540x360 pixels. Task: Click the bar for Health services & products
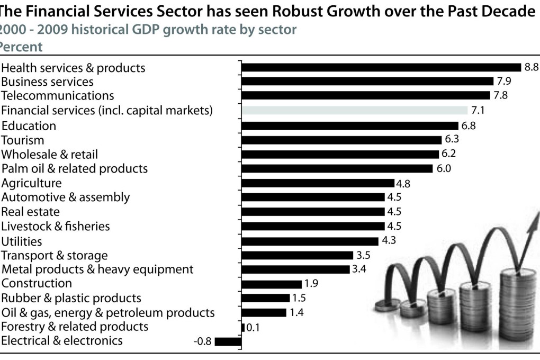[x=381, y=67]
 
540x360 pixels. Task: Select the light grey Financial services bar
[x=354, y=110]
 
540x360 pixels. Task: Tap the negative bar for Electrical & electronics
[x=228, y=341]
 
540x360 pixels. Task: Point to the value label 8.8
[x=531, y=67]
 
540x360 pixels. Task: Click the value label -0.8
[x=203, y=341]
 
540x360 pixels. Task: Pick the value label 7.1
[x=478, y=111]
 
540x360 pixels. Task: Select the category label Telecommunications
[x=58, y=96]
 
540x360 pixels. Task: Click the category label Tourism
[x=23, y=140]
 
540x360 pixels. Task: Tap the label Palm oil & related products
[x=75, y=169]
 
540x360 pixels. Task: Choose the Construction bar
[x=271, y=284]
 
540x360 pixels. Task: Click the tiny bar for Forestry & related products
[x=243, y=327]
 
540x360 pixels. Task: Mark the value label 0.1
[x=254, y=327]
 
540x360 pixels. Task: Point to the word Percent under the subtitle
[x=21, y=47]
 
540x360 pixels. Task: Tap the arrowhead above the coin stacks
[x=532, y=222]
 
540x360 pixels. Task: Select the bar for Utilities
[x=310, y=241]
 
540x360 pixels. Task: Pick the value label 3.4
[x=358, y=269]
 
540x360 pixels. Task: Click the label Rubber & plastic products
[x=71, y=298]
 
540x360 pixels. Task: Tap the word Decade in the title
[x=505, y=11]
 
